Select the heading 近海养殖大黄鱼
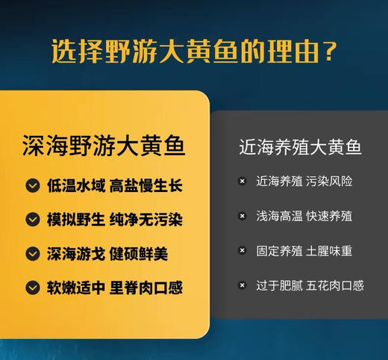tap(301, 147)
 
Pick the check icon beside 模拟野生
tap(32, 220)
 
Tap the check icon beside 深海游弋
tap(32, 253)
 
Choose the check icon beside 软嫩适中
tap(32, 287)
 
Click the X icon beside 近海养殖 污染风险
tap(242, 181)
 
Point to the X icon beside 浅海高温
tap(242, 216)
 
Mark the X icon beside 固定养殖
tap(242, 250)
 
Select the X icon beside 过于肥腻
tap(242, 285)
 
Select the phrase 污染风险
tap(329, 181)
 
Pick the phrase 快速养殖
tap(329, 216)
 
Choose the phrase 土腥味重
tap(329, 250)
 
